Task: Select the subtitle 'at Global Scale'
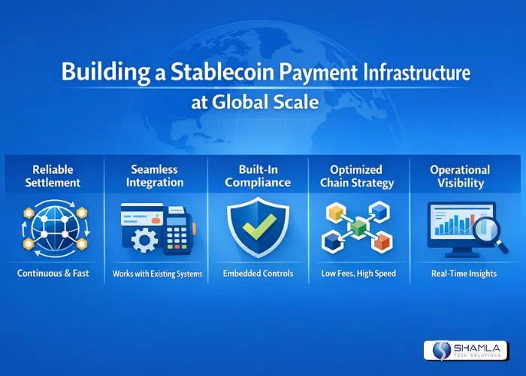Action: pos(255,102)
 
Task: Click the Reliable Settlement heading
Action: pos(53,176)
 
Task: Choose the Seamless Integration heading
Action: pos(156,176)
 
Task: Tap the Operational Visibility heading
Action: pos(460,176)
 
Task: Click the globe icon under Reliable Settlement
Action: pos(53,227)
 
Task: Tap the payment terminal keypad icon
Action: pos(177,233)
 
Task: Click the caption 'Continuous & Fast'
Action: pos(53,274)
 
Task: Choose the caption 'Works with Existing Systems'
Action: pos(157,274)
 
